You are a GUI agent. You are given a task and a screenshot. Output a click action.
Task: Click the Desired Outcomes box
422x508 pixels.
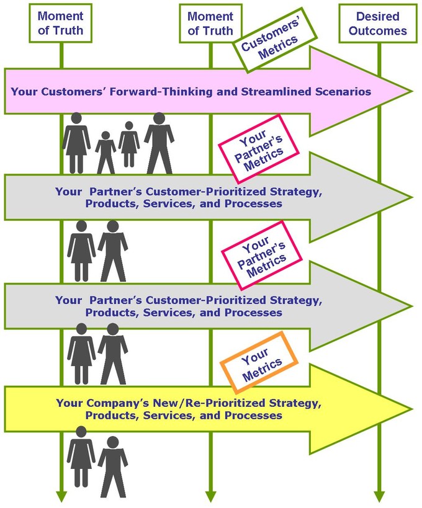(378, 24)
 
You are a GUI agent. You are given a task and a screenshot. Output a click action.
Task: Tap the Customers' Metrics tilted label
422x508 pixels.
(274, 40)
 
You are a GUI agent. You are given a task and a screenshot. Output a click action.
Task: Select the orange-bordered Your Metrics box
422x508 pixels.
(259, 362)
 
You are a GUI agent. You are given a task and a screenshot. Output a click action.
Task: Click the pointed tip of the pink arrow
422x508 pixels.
(411, 91)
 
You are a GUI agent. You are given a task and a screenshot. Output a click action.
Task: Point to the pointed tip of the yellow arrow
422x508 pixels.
(411, 409)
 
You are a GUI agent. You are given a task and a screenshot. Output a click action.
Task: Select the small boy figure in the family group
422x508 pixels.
(105, 152)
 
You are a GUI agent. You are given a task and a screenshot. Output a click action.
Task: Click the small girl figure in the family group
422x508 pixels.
(129, 144)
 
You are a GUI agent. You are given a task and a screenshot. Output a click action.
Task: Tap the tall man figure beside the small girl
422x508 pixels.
(159, 143)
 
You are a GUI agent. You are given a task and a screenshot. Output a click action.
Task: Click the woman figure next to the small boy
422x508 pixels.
(76, 143)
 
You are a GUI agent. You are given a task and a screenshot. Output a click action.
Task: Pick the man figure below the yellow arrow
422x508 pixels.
(113, 466)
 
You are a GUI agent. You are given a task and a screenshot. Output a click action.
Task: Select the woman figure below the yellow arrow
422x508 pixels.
(81, 457)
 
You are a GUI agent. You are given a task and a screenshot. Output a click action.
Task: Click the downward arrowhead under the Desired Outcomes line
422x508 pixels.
(379, 497)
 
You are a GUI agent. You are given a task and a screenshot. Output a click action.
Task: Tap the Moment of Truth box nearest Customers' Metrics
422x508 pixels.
(210, 24)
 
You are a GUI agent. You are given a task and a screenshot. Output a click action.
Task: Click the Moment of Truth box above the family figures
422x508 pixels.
(61, 23)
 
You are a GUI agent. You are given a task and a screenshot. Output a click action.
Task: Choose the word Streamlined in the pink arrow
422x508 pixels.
(277, 92)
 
